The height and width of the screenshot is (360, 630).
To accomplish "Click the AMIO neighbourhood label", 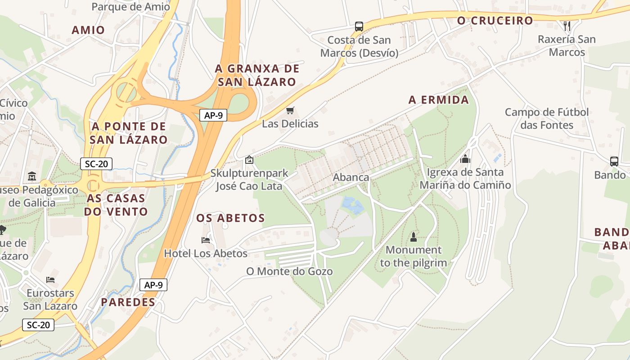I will [x=88, y=30].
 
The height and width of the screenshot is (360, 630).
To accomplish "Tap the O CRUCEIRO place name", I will [x=495, y=21].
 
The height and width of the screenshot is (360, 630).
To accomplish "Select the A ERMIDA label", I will [x=439, y=100].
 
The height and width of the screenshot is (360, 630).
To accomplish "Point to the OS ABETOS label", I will [x=230, y=218].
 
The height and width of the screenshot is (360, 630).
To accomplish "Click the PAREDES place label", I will [x=128, y=302].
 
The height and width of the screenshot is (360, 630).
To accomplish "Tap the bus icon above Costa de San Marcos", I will [x=359, y=26].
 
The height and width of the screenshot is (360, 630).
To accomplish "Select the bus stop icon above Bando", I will [x=614, y=161].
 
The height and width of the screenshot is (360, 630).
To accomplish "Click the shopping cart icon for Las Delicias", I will [x=290, y=110].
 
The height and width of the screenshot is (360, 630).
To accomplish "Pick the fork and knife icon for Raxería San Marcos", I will [x=567, y=25].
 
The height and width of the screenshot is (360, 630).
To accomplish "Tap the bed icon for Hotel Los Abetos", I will [x=206, y=240].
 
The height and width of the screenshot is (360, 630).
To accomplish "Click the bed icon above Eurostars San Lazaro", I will [x=50, y=279].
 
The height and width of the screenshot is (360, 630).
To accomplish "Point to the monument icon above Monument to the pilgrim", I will [x=414, y=236].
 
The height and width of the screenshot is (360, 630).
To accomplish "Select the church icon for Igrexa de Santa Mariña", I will [x=465, y=159].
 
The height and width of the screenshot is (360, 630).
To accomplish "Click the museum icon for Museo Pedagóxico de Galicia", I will [x=32, y=176].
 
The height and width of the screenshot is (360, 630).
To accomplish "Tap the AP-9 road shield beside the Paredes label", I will [x=153, y=285].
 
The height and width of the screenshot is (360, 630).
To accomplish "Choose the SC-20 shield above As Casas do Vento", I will [x=96, y=164].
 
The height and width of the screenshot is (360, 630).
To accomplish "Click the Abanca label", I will [x=351, y=177].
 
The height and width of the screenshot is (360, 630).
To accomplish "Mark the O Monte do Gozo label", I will [x=289, y=271].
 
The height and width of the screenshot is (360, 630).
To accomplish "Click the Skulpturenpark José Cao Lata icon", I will [x=249, y=159].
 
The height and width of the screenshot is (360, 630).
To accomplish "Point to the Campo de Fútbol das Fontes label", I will [x=547, y=118].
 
